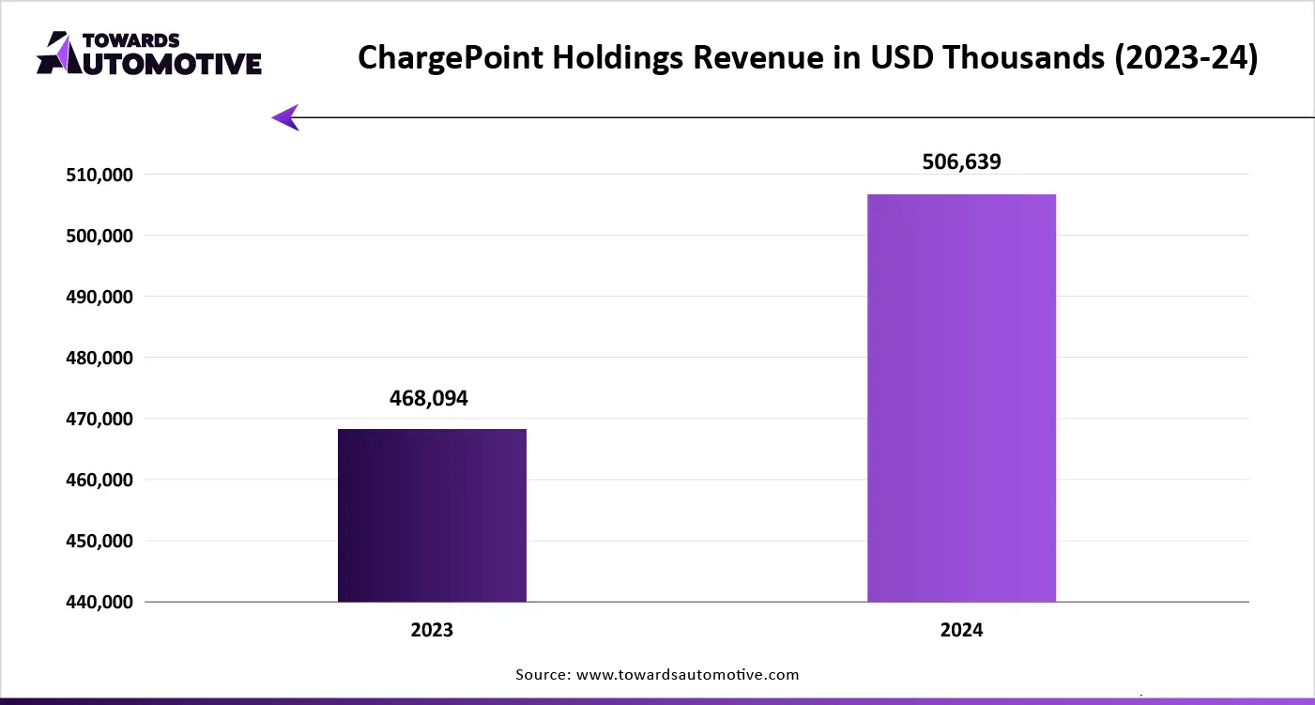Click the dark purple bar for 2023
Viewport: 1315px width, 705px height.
432,515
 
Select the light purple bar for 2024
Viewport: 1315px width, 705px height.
961,398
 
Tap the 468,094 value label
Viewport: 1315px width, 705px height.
428,398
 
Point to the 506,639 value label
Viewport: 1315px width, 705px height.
962,161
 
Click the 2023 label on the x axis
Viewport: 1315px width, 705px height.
432,630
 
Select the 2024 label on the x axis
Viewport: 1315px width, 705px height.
961,630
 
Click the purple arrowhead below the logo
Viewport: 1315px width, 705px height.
285,117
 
